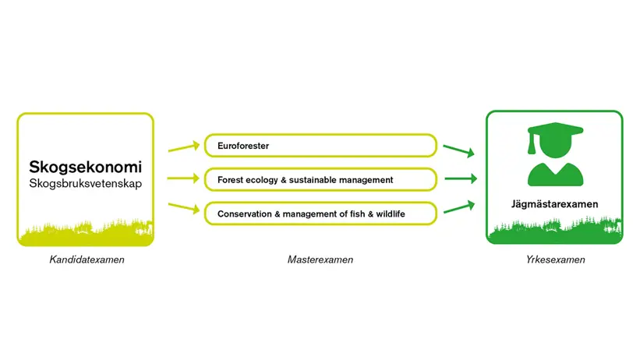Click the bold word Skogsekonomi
85,167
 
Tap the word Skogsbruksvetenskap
85,183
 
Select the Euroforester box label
243,146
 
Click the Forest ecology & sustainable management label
306,180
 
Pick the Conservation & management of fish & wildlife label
311,214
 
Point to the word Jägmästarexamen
555,204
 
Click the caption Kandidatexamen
87,259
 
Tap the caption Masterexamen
320,259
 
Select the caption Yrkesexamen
556,259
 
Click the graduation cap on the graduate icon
556,130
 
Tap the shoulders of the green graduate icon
556,175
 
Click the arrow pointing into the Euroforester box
184,148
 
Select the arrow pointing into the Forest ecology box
184,178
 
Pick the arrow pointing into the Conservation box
184,208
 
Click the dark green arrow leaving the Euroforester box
459,150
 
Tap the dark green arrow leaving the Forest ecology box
461,178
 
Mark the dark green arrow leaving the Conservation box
459,207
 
